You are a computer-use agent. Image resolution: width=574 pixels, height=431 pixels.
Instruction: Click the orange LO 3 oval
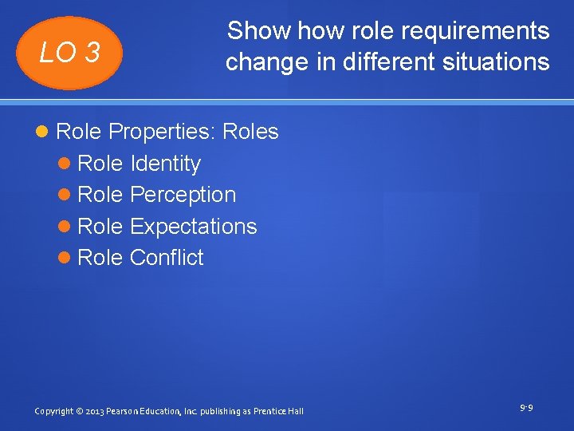tap(71, 53)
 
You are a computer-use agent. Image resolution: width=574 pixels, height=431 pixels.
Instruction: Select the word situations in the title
tap(499, 61)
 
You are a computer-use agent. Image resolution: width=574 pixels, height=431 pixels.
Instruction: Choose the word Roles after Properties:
tap(251, 132)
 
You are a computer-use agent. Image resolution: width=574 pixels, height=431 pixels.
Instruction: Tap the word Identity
tap(165, 164)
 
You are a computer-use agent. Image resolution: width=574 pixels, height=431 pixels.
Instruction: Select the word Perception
tap(183, 195)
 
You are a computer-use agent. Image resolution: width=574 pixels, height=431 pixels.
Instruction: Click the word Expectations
tap(193, 227)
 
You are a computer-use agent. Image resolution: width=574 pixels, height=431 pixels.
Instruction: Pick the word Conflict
tap(167, 258)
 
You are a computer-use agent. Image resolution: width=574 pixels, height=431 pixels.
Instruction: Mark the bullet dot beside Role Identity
tap(65, 164)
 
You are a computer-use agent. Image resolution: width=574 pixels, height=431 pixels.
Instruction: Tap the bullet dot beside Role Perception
tap(65, 196)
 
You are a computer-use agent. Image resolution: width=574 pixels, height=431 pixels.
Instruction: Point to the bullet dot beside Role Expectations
tap(65, 227)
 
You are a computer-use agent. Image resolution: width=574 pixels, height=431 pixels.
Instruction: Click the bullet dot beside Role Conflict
tap(65, 259)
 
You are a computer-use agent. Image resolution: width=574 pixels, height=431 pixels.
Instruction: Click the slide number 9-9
tap(526, 409)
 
